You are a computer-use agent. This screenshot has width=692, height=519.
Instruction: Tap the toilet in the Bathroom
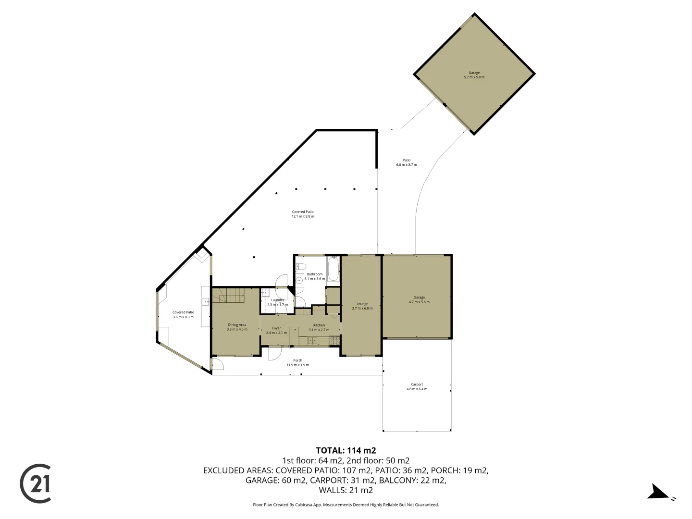coord(302,267)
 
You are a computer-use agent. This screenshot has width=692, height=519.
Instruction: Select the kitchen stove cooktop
coord(334,341)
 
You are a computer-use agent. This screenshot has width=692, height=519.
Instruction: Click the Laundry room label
coord(277,300)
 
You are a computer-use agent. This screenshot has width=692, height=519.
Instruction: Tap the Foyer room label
coord(276,328)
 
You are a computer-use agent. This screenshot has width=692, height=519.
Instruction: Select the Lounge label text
coord(362,304)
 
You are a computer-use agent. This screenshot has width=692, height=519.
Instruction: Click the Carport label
coord(417,384)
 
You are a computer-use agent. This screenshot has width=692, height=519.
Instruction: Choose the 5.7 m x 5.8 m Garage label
coord(474,75)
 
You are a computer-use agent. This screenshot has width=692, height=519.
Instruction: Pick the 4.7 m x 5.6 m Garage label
coord(419,300)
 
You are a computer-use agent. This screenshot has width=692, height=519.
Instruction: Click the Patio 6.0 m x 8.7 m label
coord(406,162)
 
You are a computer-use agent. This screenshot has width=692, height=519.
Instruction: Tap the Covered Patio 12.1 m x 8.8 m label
coord(303,214)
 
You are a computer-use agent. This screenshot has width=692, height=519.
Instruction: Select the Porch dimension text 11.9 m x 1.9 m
coord(298,365)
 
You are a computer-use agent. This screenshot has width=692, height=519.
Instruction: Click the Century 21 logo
coord(36,483)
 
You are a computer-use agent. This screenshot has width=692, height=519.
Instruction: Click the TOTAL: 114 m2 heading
coord(346,450)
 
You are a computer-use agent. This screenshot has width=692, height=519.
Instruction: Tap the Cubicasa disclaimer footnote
coord(346,505)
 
